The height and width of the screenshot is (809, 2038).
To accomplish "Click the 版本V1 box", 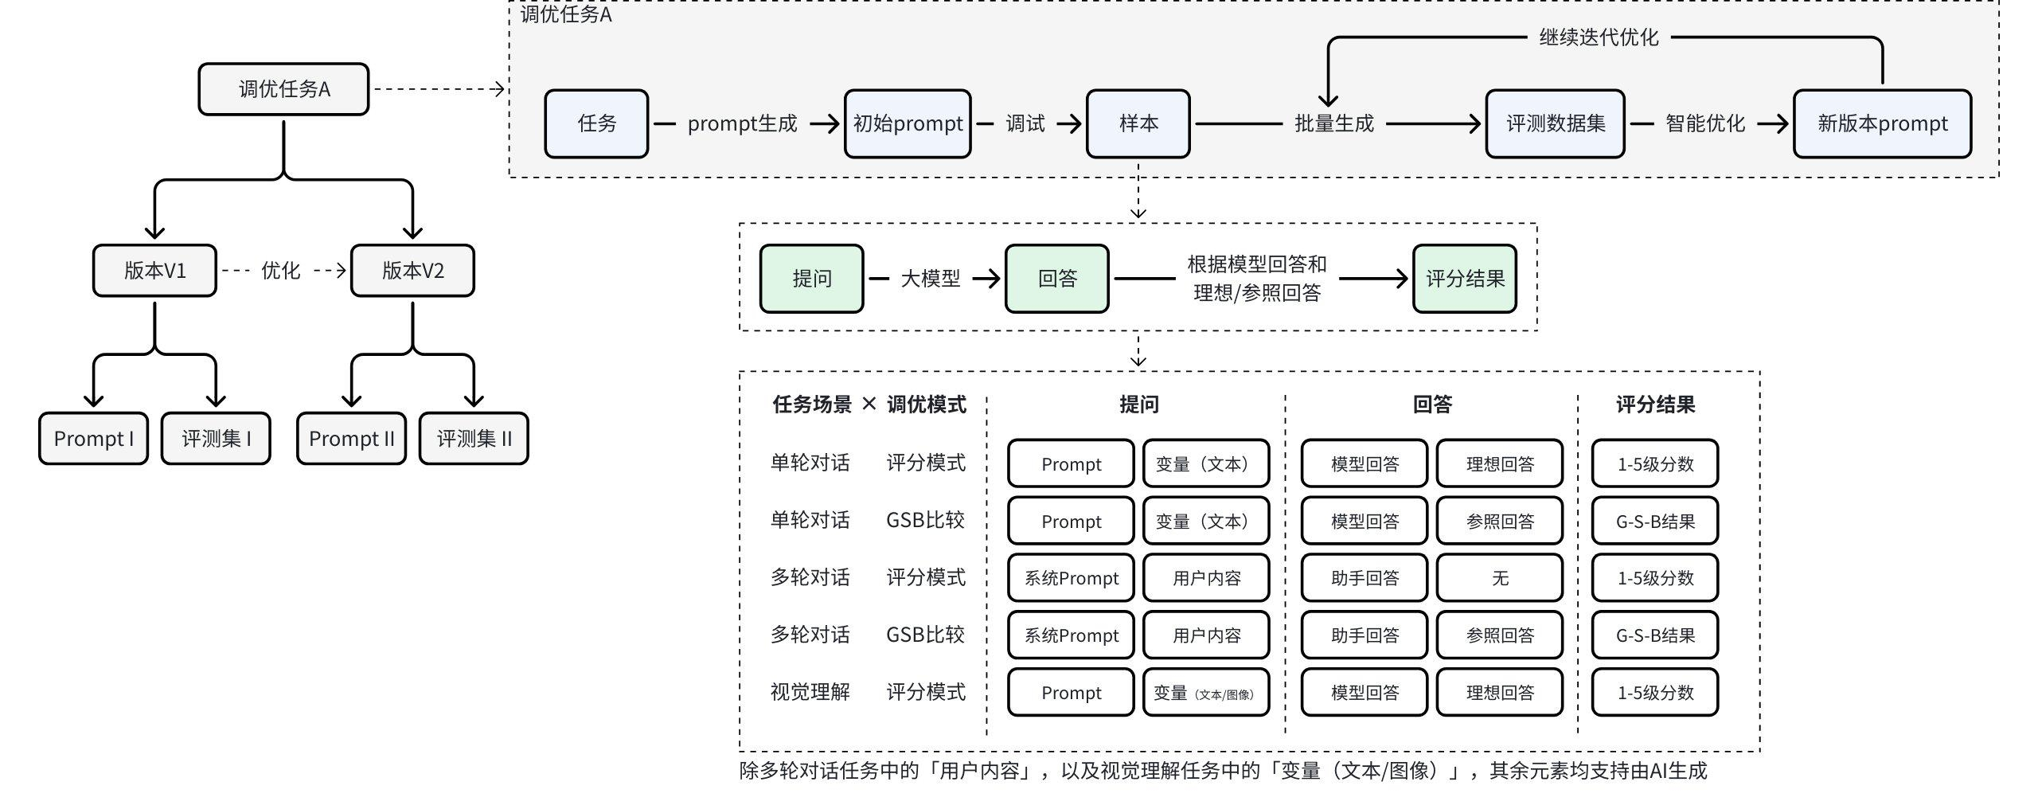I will tap(154, 271).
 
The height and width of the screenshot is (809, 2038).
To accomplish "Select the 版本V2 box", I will tap(412, 271).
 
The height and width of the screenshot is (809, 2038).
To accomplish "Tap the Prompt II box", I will tap(351, 439).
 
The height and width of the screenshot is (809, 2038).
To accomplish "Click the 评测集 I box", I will tap(216, 439).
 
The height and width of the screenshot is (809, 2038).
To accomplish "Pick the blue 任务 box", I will tap(596, 123).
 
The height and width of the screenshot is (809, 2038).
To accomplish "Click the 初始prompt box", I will tap(908, 123).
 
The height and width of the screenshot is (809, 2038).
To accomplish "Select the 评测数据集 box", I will tap(1555, 123).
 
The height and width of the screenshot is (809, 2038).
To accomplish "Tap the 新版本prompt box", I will tap(1882, 123).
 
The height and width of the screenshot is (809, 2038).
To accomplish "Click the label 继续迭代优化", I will tap(1599, 37).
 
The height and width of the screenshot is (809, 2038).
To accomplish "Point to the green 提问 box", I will tap(811, 279).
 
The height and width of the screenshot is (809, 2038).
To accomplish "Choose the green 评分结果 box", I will tap(1465, 279).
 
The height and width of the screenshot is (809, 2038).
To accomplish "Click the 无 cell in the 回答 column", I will tap(1500, 578).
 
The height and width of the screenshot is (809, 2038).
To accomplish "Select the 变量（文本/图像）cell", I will tap(1205, 693).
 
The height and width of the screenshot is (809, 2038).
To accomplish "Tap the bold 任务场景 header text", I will tap(812, 404).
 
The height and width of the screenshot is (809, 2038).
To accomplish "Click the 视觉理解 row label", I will tap(810, 692).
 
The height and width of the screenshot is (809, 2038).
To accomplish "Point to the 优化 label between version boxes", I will tap(280, 271).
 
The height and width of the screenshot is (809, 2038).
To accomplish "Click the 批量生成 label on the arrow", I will tap(1334, 123).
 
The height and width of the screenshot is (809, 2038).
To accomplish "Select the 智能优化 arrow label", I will tap(1705, 123).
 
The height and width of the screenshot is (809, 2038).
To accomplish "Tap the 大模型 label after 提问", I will tap(930, 279).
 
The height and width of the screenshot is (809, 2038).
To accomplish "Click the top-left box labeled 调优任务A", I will tap(283, 89).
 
